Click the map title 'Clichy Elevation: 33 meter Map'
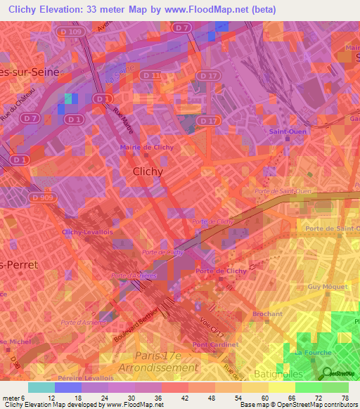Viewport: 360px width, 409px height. (105, 10)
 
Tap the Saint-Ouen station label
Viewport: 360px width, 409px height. (285, 131)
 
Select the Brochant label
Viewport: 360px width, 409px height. (267, 314)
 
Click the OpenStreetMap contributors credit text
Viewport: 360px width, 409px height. (324, 405)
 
